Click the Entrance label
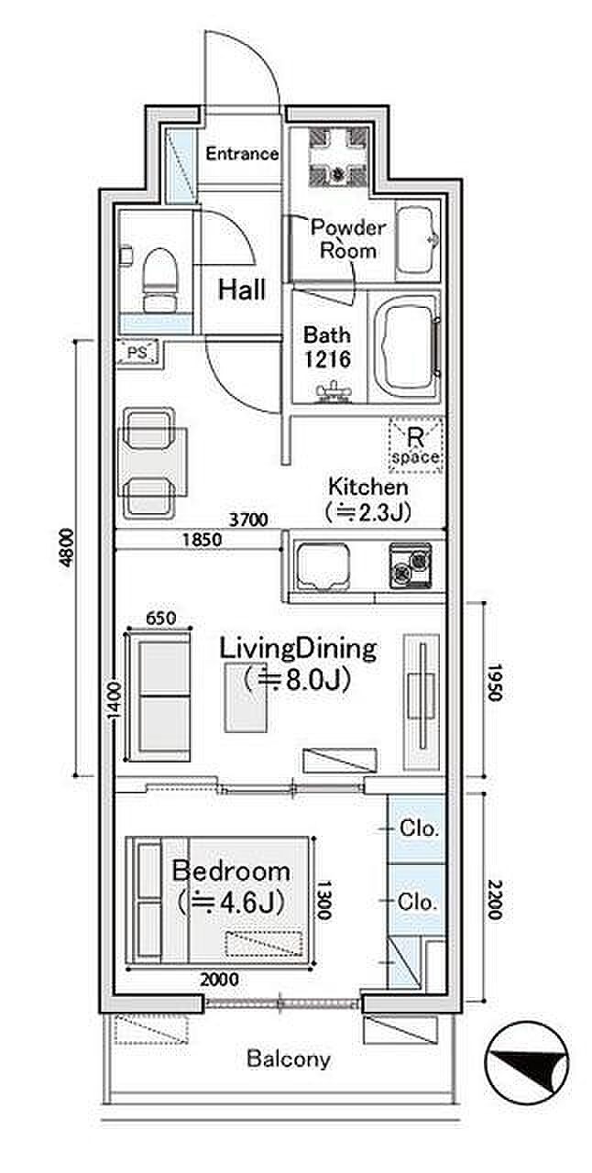pyautogui.click(x=242, y=153)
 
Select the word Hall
pyautogui.click(x=242, y=289)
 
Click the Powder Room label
pyautogui.click(x=348, y=239)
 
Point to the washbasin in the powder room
pyautogui.click(x=416, y=239)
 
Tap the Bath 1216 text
pyautogui.click(x=327, y=347)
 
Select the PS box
pyautogui.click(x=137, y=353)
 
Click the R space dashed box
pyautogui.click(x=416, y=445)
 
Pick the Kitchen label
pyautogui.click(x=368, y=487)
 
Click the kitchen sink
pyautogui.click(x=323, y=566)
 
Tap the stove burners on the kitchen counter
pyautogui.click(x=411, y=566)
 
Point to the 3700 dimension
pyautogui.click(x=249, y=520)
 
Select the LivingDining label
pyautogui.click(x=298, y=648)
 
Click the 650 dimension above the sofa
pyautogui.click(x=160, y=619)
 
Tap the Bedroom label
pyautogui.click(x=232, y=872)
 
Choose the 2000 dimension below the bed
pyautogui.click(x=220, y=979)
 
